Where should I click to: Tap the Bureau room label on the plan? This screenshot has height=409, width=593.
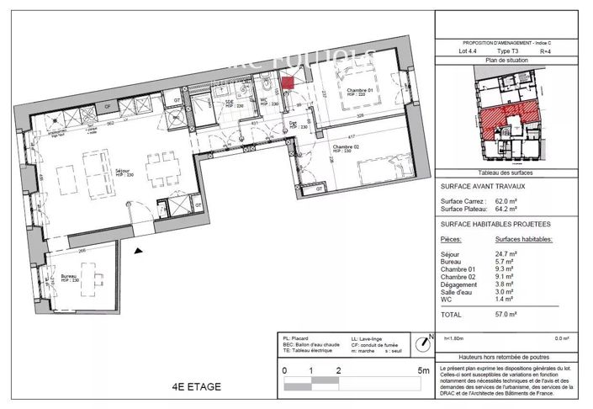[71, 277]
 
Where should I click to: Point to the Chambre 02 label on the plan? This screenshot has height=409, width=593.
[346, 147]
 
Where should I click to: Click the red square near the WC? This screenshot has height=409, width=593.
[288, 82]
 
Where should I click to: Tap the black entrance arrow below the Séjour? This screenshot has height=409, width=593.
[140, 250]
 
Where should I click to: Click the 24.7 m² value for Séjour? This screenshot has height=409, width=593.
[506, 253]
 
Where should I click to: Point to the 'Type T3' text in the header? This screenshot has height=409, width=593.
[509, 51]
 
